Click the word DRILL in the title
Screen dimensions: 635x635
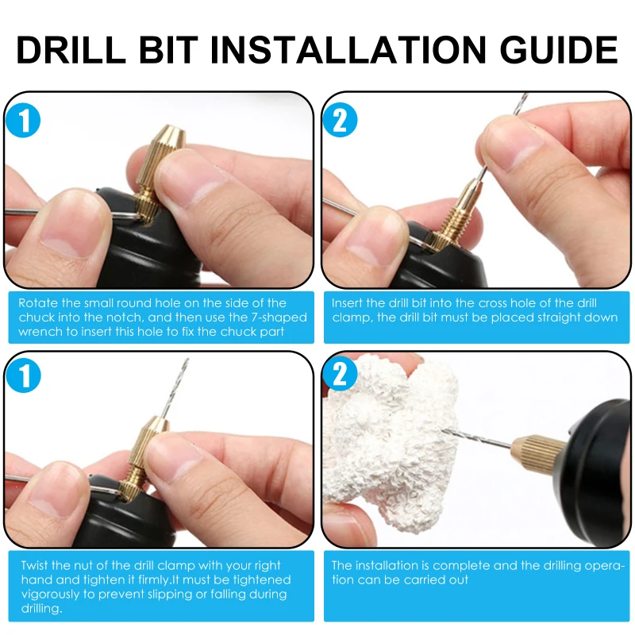(71, 50)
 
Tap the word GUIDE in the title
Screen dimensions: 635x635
(559, 50)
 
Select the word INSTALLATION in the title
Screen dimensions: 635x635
(348, 50)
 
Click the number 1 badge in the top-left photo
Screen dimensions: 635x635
(23, 121)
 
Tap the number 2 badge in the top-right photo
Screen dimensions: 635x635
(340, 120)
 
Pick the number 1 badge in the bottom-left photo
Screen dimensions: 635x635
(23, 375)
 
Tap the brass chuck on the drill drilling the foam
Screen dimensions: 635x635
(537, 455)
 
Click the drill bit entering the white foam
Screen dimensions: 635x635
(475, 439)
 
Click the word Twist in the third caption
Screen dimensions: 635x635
(34, 565)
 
